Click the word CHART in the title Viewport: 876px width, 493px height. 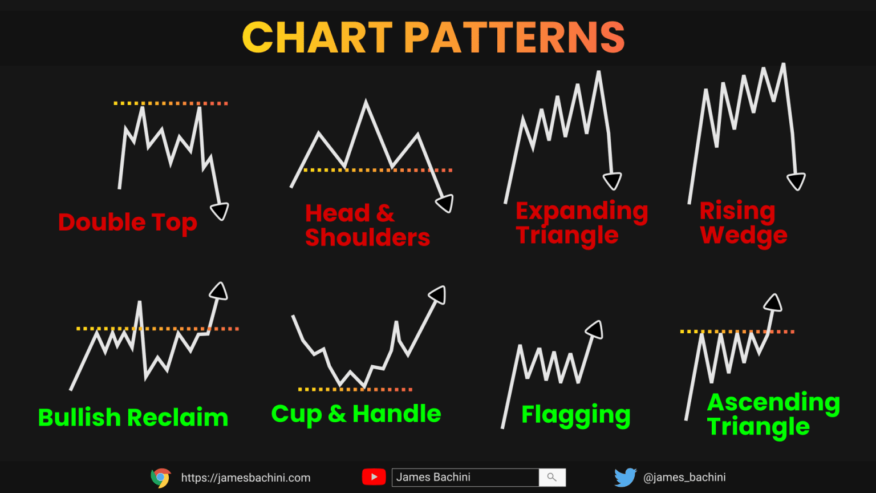click(x=317, y=38)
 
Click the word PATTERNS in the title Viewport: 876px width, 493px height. click(x=514, y=38)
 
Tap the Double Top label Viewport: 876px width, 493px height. click(x=128, y=223)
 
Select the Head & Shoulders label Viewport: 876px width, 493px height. click(x=367, y=225)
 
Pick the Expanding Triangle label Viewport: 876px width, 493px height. click(x=581, y=223)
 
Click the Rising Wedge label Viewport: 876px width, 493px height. click(x=743, y=223)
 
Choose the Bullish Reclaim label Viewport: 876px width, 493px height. click(x=133, y=417)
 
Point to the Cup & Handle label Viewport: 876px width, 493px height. click(x=356, y=414)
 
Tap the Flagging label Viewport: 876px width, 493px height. click(x=575, y=415)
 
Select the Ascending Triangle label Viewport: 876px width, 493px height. click(x=773, y=414)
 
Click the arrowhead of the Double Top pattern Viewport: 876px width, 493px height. click(x=220, y=211)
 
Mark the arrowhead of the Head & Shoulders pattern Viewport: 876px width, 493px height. click(x=445, y=203)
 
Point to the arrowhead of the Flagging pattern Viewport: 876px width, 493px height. click(x=595, y=329)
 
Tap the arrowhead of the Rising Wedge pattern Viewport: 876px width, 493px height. click(x=796, y=181)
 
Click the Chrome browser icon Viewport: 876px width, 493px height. click(x=161, y=478)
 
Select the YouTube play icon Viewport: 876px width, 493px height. click(x=374, y=477)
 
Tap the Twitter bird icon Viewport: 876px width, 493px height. click(x=625, y=477)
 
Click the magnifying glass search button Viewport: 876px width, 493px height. click(x=551, y=477)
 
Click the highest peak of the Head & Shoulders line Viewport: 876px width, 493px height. click(x=366, y=102)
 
